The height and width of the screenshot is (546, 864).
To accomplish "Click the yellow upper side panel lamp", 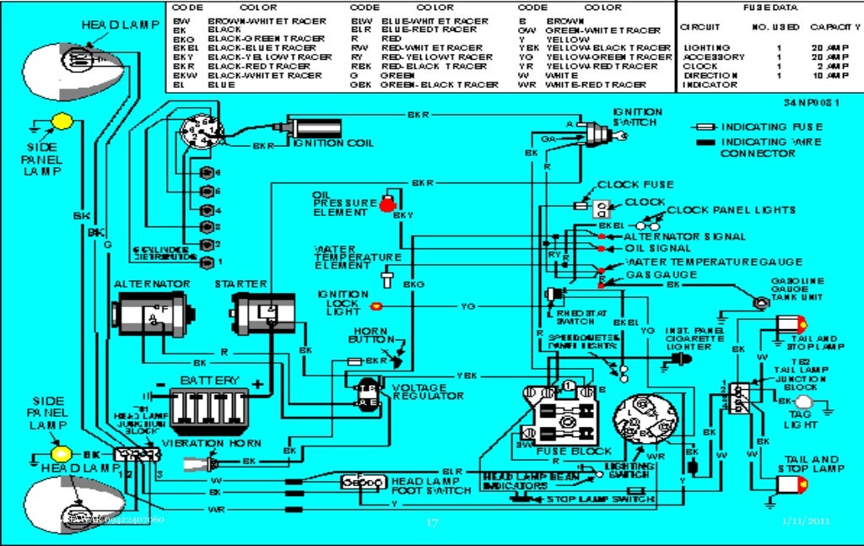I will (x=62, y=122).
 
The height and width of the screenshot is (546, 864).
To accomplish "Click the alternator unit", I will (x=153, y=316).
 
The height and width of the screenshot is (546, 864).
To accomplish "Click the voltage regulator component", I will (x=369, y=394).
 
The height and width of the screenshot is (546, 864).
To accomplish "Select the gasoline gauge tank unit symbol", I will (x=759, y=301).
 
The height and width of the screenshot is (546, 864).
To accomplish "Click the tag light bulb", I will (x=805, y=402).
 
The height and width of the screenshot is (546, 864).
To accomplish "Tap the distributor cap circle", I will (x=201, y=135).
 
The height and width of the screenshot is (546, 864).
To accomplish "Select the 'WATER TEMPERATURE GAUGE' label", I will (x=714, y=262).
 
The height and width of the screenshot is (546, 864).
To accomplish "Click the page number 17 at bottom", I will (x=432, y=522).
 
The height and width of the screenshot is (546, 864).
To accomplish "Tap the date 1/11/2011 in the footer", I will (x=807, y=521).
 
